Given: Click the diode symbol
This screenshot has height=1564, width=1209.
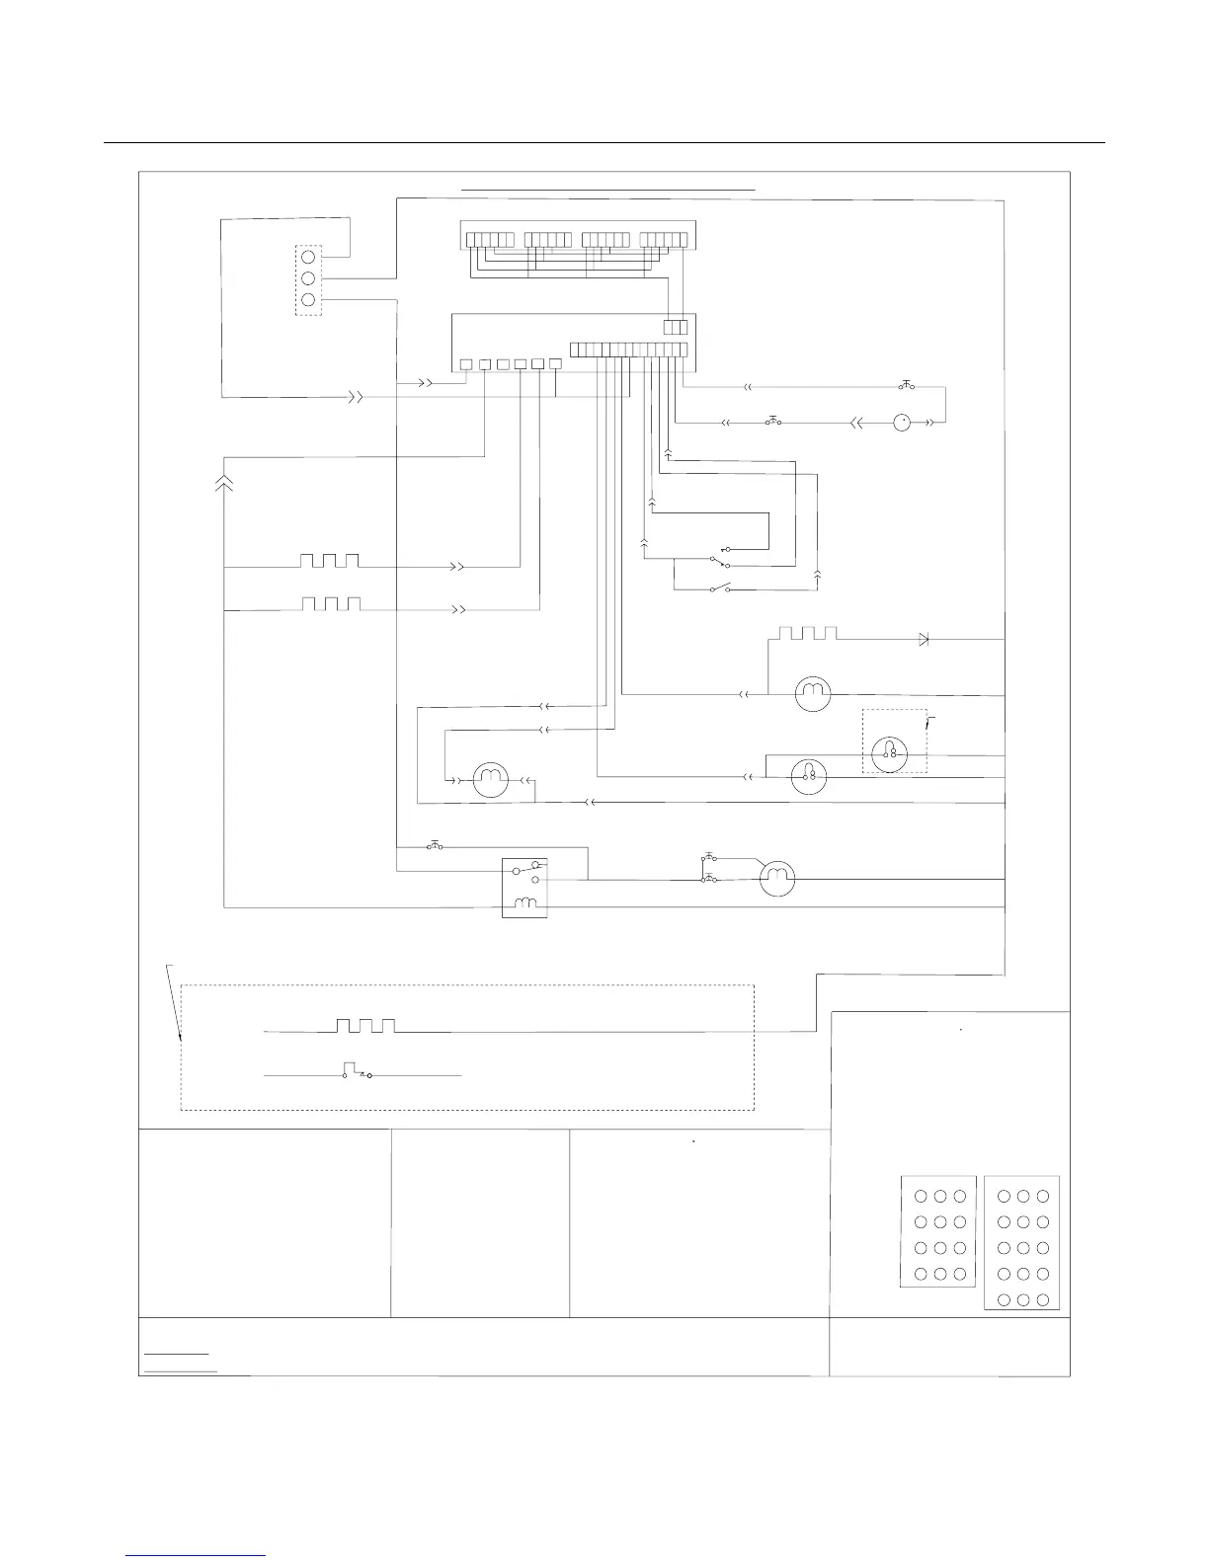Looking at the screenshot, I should click(x=924, y=640).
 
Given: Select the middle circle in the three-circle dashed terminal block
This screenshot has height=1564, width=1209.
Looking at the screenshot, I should click(x=308, y=278).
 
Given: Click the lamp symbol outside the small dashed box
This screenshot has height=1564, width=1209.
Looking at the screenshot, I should click(x=810, y=778).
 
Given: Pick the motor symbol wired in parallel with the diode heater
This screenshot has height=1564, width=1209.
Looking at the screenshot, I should click(x=812, y=694).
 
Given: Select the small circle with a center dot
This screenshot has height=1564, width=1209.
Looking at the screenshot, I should click(x=901, y=423).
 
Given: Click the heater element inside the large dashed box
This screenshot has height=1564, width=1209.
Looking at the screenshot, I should click(x=365, y=1026).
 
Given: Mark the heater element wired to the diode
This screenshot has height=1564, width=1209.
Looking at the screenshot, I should click(x=808, y=633).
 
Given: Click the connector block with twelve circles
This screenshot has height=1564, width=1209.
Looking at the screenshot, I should click(x=938, y=1232).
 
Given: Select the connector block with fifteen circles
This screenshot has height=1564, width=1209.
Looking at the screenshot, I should click(x=1022, y=1243).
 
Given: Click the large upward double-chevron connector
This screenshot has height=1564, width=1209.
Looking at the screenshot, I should click(x=225, y=482).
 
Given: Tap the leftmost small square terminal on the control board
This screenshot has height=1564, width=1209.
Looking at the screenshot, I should click(x=466, y=364).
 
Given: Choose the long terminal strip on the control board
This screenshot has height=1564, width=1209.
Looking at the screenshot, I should click(x=628, y=350).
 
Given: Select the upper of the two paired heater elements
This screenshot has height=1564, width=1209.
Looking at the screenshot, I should click(x=330, y=561).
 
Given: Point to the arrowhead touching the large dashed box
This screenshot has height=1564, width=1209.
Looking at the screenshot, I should click(x=181, y=1037).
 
